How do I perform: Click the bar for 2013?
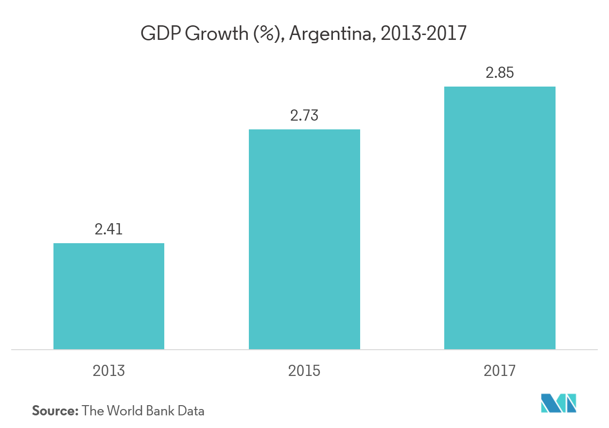click(x=109, y=296)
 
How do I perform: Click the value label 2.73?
click(x=304, y=116)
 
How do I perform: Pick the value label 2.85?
click(x=500, y=73)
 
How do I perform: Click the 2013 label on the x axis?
click(x=109, y=371)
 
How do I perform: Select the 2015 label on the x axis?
click(x=304, y=371)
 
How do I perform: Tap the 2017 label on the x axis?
click(x=500, y=371)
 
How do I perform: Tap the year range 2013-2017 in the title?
click(x=424, y=34)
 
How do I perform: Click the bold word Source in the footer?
click(x=55, y=410)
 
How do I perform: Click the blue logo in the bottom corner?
click(x=558, y=403)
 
